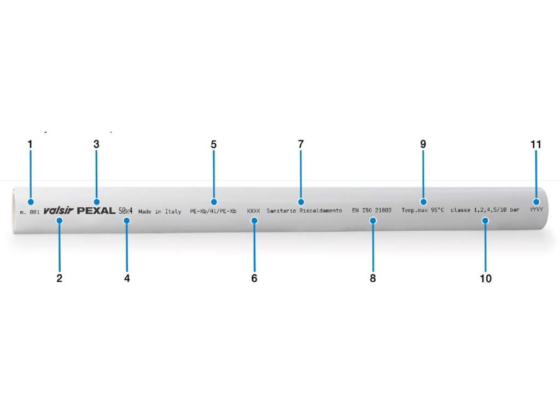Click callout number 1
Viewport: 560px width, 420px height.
pyautogui.click(x=30, y=144)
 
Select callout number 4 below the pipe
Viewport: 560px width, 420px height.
pyautogui.click(x=127, y=278)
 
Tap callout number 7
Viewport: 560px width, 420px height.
pyautogui.click(x=300, y=144)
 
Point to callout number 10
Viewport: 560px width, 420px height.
pyautogui.click(x=486, y=278)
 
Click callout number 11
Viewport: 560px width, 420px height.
pyautogui.click(x=535, y=144)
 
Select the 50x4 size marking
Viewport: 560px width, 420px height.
pyautogui.click(x=126, y=211)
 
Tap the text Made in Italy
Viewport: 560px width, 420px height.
pyautogui.click(x=160, y=211)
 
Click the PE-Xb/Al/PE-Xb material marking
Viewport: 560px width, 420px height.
pyautogui.click(x=217, y=211)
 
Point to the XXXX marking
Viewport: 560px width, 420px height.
pyautogui.click(x=253, y=211)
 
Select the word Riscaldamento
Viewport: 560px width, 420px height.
pyautogui.click(x=321, y=211)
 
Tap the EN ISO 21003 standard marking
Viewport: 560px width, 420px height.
pyautogui.click(x=372, y=211)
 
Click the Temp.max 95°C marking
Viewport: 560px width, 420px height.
pyautogui.click(x=423, y=211)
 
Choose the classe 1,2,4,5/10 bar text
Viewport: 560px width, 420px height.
pyautogui.click(x=485, y=211)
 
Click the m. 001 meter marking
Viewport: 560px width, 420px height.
pyautogui.click(x=30, y=211)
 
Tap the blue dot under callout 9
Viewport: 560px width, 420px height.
pyautogui.click(x=423, y=201)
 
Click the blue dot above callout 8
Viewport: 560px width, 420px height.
pyautogui.click(x=372, y=220)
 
